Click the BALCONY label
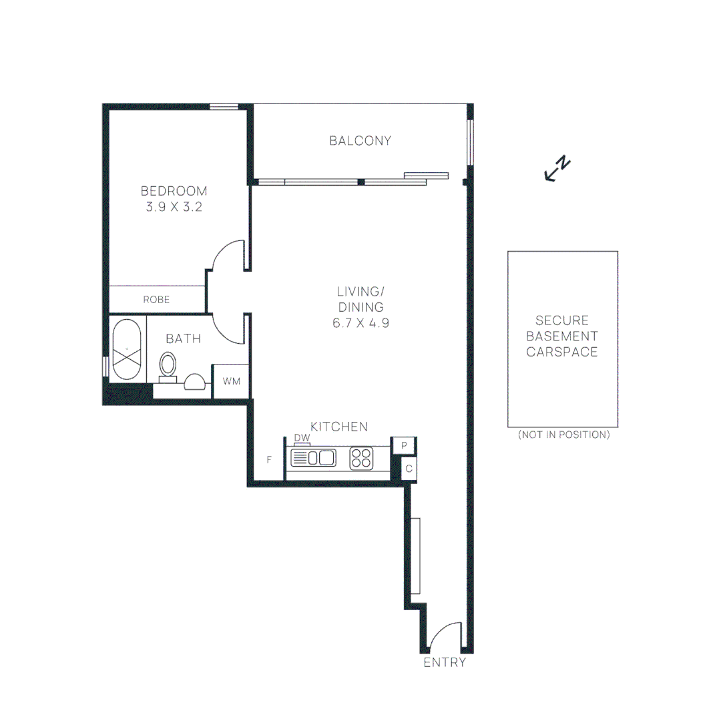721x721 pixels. pyautogui.click(x=360, y=141)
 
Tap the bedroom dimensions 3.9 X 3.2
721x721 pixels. pyautogui.click(x=174, y=207)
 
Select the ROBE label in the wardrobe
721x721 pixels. pyautogui.click(x=156, y=300)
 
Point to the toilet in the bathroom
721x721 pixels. pyautogui.click(x=168, y=366)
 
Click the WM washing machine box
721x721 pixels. pyautogui.click(x=231, y=381)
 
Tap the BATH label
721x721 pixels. pyautogui.click(x=183, y=339)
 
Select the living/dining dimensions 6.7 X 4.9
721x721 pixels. pyautogui.click(x=360, y=323)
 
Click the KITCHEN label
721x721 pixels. pyautogui.click(x=339, y=427)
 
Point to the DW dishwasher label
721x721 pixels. pyautogui.click(x=302, y=438)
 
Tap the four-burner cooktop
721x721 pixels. pyautogui.click(x=361, y=458)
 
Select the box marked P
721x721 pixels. pyautogui.click(x=404, y=445)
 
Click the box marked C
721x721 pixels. pyautogui.click(x=409, y=469)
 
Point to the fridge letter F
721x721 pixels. pyautogui.click(x=269, y=459)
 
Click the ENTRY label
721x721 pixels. pyautogui.click(x=445, y=663)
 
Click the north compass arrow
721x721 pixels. pyautogui.click(x=557, y=169)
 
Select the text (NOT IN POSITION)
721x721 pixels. pyautogui.click(x=563, y=435)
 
